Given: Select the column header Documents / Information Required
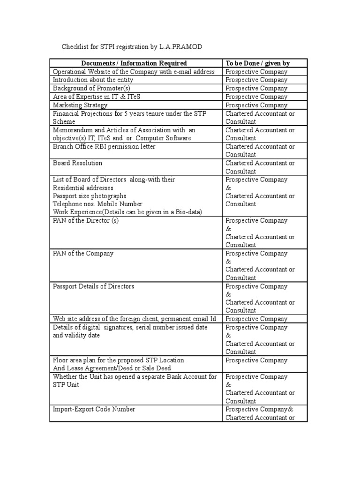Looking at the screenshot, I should coord(134,63).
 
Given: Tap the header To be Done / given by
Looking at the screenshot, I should coord(257,63).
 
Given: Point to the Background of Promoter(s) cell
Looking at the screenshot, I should coord(91,88).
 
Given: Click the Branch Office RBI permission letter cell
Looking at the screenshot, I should coord(104,147).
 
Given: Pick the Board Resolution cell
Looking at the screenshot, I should coord(77,163).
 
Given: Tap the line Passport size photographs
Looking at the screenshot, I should coord(90,196).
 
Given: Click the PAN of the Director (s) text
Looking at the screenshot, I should coord(86,221).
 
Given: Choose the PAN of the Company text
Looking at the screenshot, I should coord(83,254).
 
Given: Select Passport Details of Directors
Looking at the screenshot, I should coord(93,286).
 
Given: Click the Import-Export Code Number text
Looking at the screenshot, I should coord(94,409).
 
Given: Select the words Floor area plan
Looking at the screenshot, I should coord(75,360).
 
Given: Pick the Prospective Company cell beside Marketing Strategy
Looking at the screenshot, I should coord(256,105).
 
